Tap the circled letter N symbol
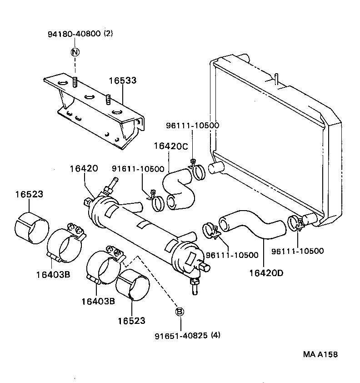coord(75,52)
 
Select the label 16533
coord(122,81)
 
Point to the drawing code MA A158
coord(321,355)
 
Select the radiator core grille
coord(268,141)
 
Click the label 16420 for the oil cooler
coord(84,169)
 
